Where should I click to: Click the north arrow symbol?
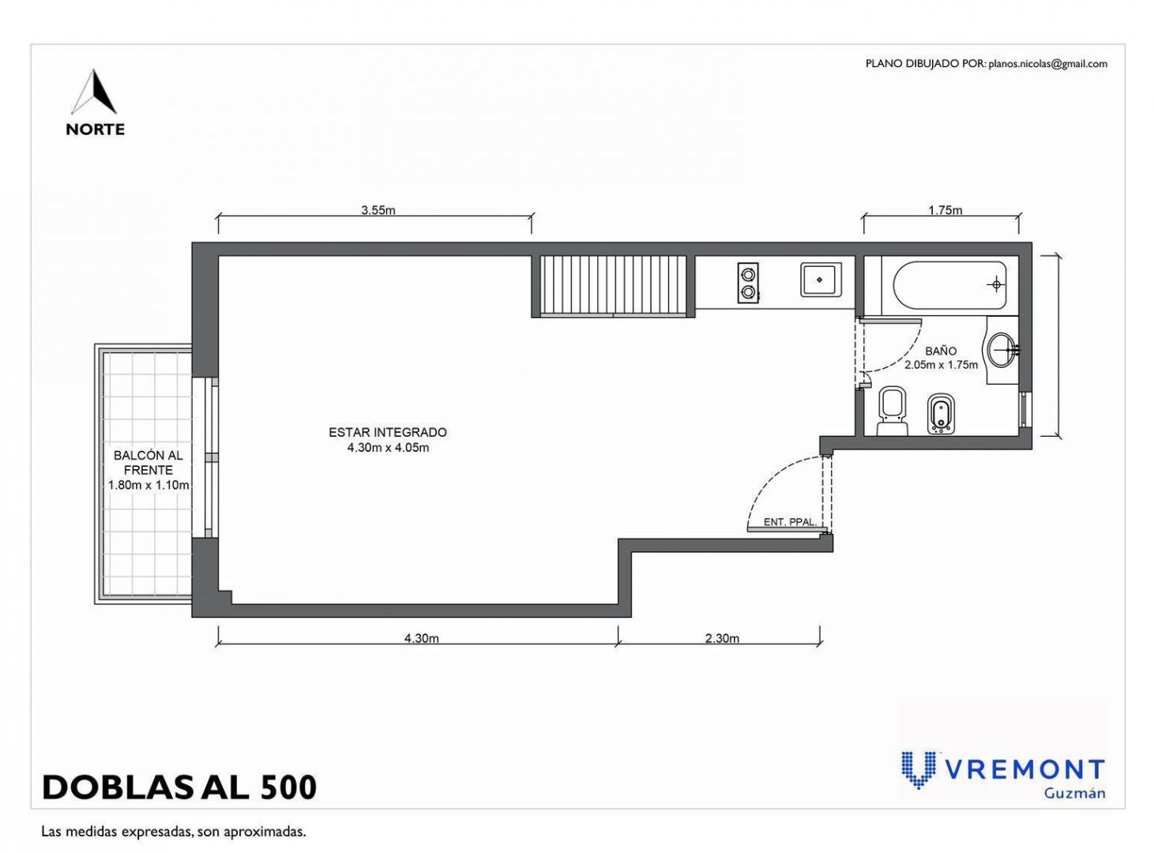(x=94, y=92)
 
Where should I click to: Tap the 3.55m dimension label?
(x=378, y=210)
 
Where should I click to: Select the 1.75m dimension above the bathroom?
(x=945, y=210)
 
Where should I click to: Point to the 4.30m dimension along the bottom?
(x=422, y=638)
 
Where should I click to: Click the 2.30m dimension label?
(x=722, y=638)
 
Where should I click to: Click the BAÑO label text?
(x=941, y=351)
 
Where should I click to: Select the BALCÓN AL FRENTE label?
(x=148, y=463)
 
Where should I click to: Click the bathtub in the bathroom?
(x=950, y=285)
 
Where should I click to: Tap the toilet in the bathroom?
(x=893, y=410)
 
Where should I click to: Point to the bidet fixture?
(x=942, y=415)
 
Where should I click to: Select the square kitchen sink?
(x=821, y=280)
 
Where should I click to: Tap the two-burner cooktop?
(x=748, y=283)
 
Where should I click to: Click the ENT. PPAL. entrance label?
(x=791, y=521)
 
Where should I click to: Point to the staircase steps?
(x=613, y=285)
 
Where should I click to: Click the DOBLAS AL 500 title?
(x=179, y=787)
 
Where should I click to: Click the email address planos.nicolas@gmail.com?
(x=1048, y=64)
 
